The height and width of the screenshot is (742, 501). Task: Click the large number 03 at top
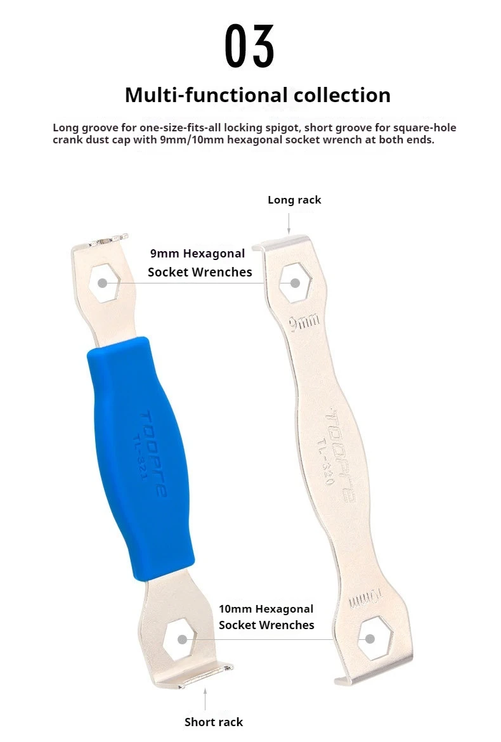249,46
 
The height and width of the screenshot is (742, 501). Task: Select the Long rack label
294,200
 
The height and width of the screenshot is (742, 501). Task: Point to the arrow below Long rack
289,223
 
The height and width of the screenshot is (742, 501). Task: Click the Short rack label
213,722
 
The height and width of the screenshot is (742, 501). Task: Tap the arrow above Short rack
205,699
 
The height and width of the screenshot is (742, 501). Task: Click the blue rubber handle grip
141,458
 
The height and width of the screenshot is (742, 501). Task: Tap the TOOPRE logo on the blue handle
153,454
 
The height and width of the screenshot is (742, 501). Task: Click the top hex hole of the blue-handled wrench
105,283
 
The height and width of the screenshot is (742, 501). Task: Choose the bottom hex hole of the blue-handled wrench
179,639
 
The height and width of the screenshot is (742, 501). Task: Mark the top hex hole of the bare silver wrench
295,283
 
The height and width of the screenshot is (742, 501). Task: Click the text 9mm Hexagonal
198,254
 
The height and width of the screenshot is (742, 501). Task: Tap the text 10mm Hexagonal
266,609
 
